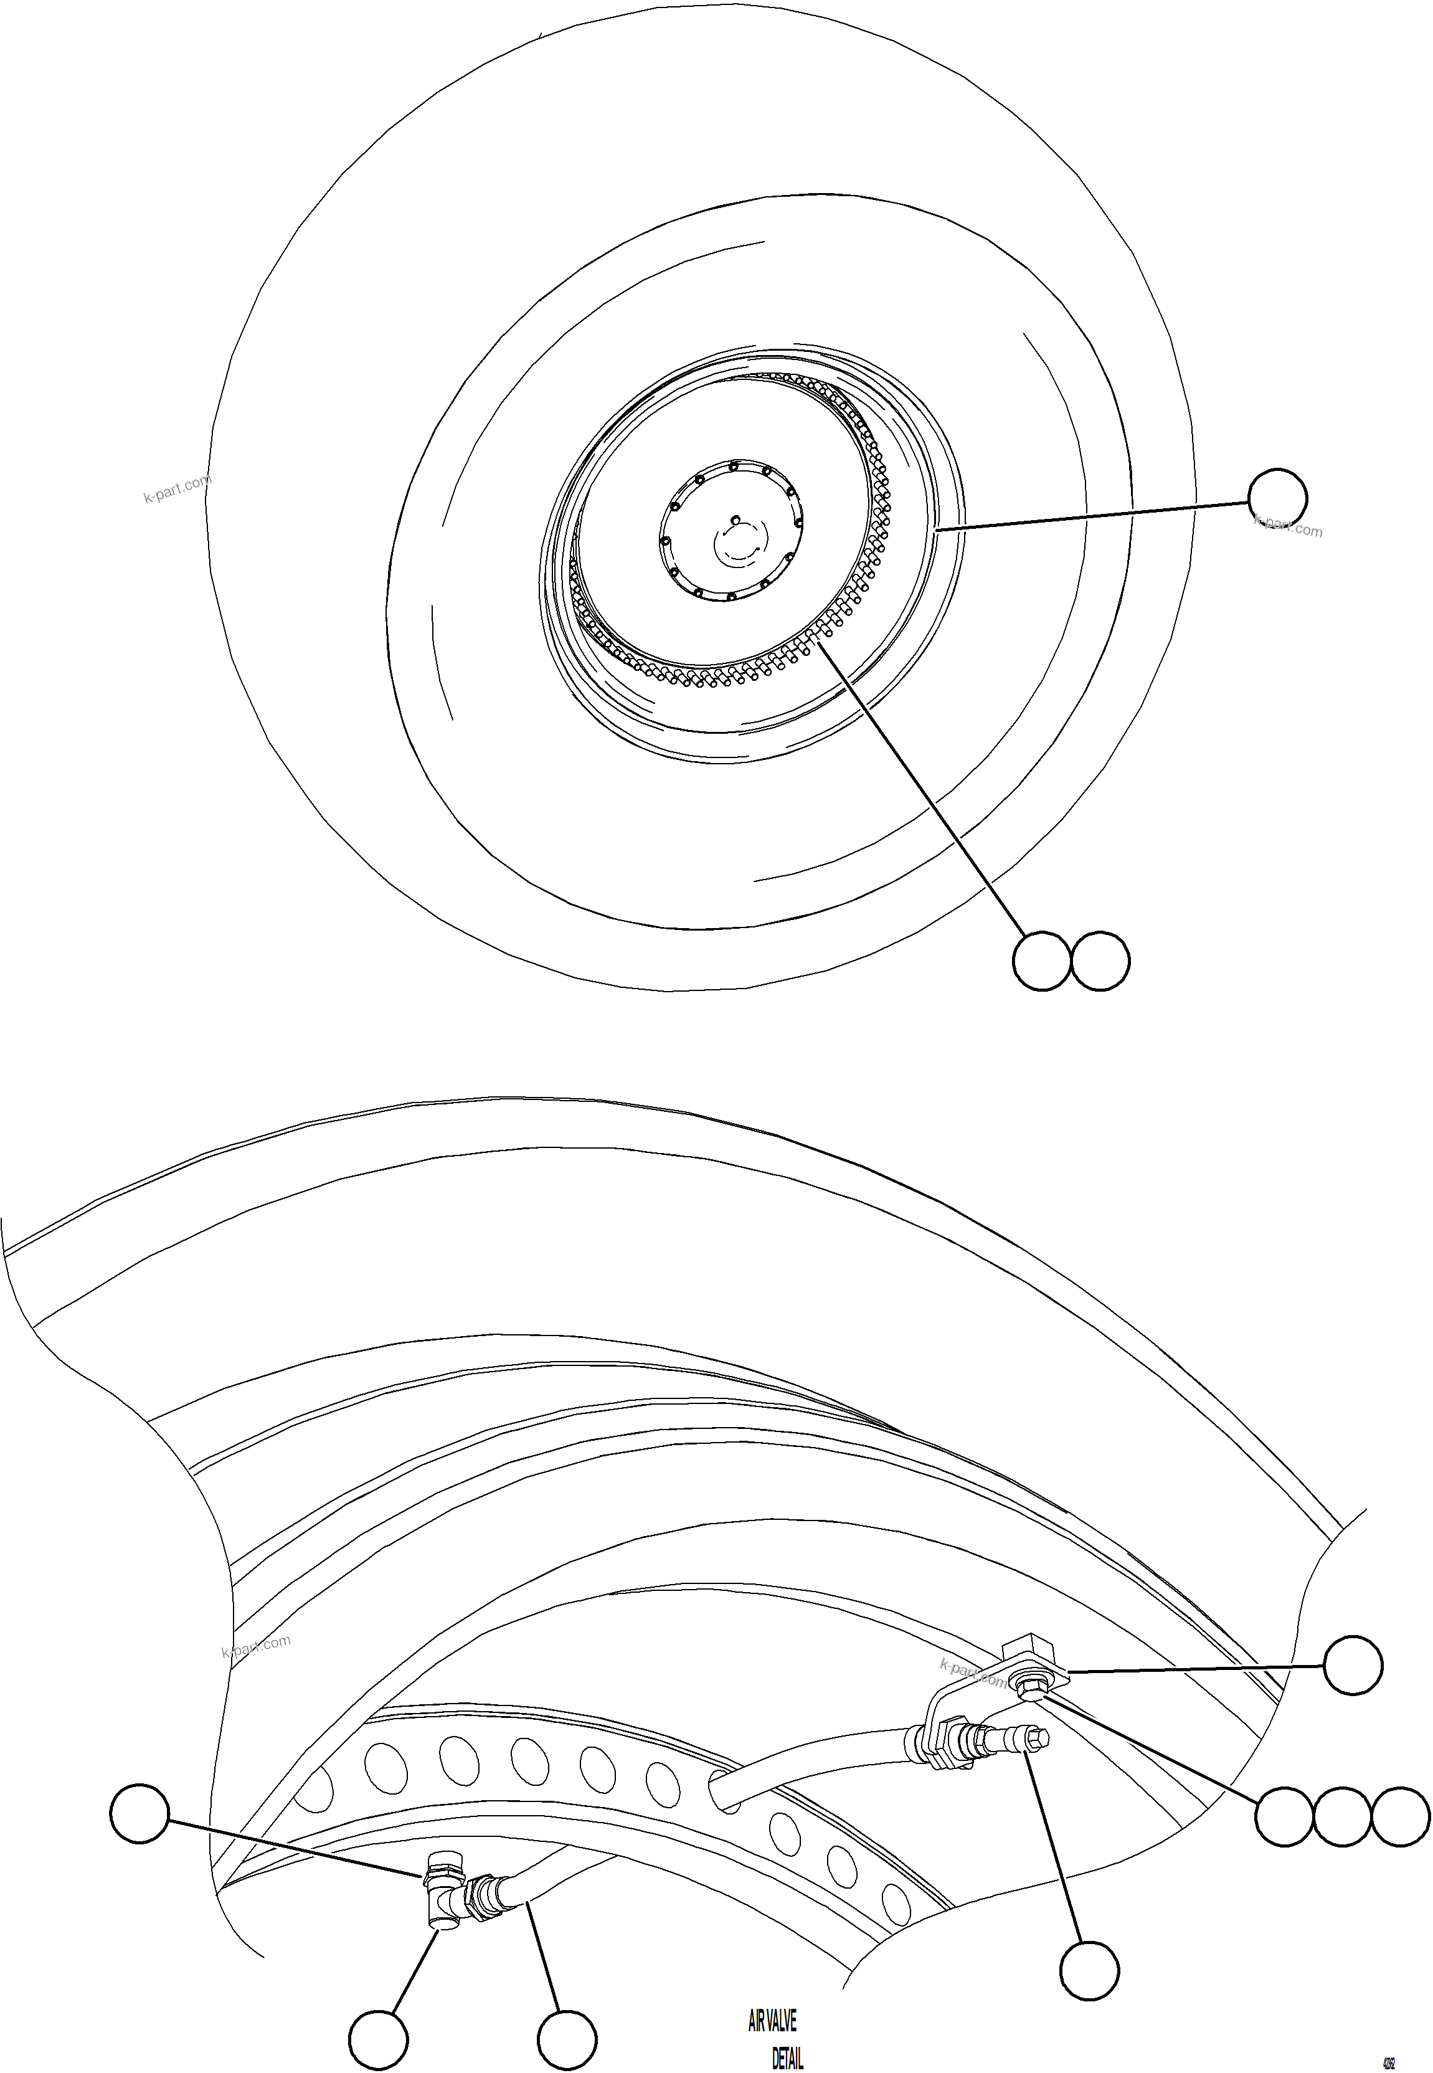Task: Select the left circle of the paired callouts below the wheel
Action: (x=1043, y=962)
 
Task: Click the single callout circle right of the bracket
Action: (x=1353, y=1666)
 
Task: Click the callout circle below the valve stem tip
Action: (x=1090, y=1971)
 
